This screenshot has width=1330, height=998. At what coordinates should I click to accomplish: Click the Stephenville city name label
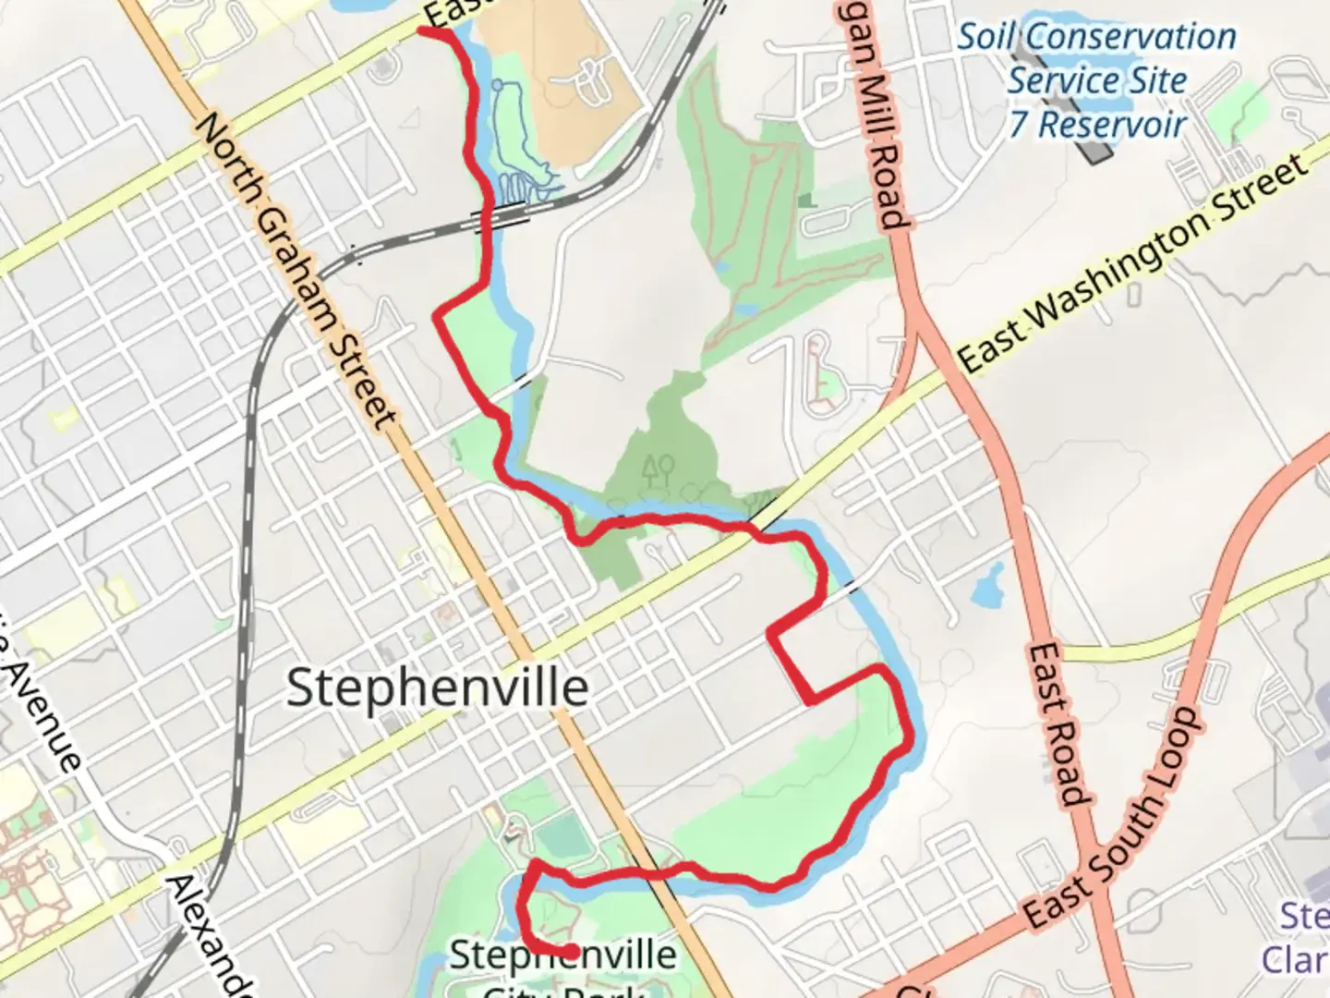(x=437, y=688)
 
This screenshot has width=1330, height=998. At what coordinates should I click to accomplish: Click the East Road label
(x=1057, y=724)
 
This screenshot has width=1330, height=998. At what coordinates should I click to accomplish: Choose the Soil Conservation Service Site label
(x=1096, y=58)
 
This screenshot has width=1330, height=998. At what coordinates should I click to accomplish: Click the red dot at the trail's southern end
(x=572, y=951)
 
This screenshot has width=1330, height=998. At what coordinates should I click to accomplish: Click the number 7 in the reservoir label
(x=1018, y=124)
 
